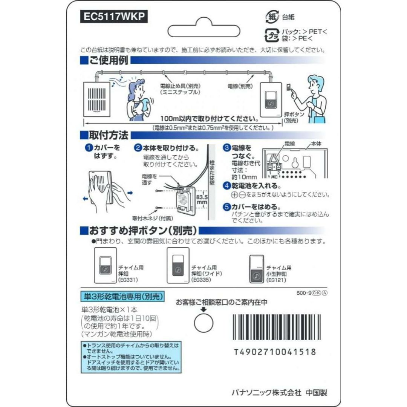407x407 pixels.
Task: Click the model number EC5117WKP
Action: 114,16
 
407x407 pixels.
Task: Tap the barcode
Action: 277,327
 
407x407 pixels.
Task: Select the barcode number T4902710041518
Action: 275,352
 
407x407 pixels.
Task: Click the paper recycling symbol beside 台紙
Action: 272,17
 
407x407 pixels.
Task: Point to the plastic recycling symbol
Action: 272,35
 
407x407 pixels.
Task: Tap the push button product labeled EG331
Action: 106,265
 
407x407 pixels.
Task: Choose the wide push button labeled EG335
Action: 178,265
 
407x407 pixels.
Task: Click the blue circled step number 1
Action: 89,148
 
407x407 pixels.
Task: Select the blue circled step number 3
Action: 227,148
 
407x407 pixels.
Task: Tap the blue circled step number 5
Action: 227,207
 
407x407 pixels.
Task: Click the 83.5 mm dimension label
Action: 202,200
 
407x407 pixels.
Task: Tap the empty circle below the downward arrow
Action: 204,323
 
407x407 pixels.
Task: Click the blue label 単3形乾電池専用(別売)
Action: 122,297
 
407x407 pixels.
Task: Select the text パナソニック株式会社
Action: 266,392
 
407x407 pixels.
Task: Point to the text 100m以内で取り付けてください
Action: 209,119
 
